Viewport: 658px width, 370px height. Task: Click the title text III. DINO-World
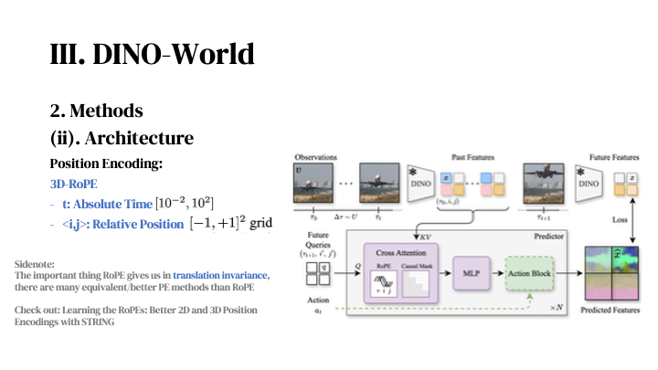[x=151, y=54]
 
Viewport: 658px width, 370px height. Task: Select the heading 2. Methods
[x=96, y=111]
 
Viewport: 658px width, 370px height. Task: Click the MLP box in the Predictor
[x=472, y=272]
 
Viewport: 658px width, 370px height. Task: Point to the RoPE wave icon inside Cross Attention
[x=384, y=283]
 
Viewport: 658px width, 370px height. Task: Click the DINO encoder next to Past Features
[x=421, y=185]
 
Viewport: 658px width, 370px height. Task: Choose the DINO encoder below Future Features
[x=590, y=184]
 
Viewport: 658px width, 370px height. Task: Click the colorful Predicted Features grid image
[x=616, y=274]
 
